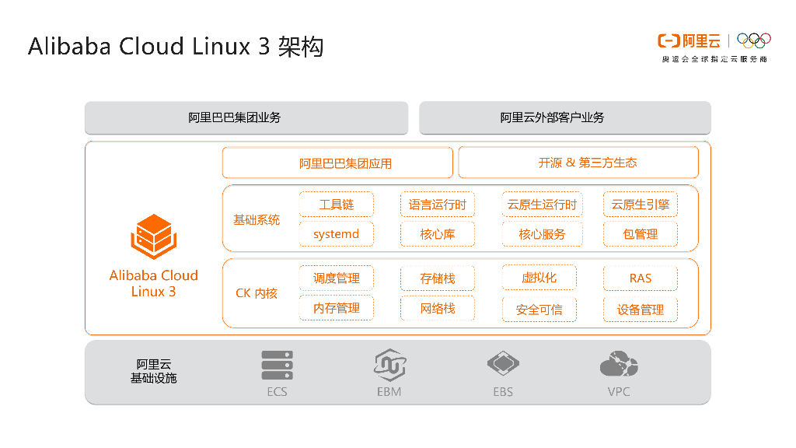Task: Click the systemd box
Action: coord(337,234)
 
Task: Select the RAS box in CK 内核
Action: coord(641,278)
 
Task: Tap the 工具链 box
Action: coord(337,205)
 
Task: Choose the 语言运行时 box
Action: coord(438,205)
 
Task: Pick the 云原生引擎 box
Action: coord(641,205)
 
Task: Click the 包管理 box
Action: coord(641,234)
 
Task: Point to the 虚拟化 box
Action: coord(539,278)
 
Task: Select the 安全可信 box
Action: coord(539,309)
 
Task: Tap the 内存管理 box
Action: coord(337,308)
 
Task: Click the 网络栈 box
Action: coord(438,308)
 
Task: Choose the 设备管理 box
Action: coord(641,309)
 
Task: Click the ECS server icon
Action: coord(277,365)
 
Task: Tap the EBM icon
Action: coord(389,364)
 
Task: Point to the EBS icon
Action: coord(503,363)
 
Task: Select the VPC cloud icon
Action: coord(619,364)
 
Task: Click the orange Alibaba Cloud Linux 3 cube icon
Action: coord(153,236)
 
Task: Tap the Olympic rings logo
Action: coord(753,40)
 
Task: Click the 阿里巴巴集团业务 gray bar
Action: coord(246,117)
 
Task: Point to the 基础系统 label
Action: coord(257,220)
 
